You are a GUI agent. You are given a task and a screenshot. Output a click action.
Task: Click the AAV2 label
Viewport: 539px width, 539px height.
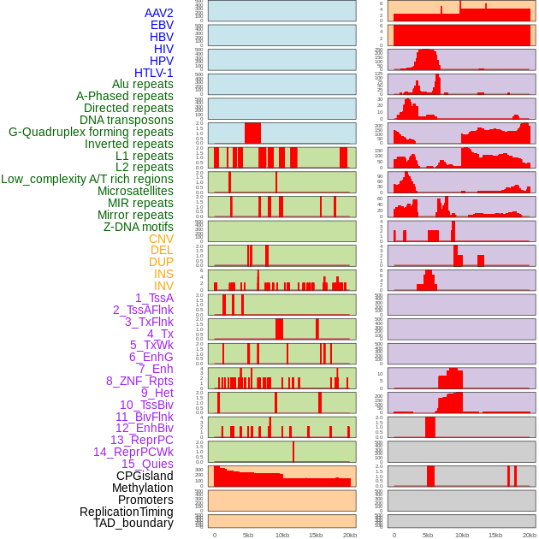click(158, 13)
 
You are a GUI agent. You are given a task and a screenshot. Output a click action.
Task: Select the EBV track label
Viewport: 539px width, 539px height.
click(161, 25)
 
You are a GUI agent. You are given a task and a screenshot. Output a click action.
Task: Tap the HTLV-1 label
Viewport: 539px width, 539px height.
click(153, 73)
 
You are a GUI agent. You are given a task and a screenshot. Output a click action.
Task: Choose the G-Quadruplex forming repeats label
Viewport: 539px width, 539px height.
click(91, 132)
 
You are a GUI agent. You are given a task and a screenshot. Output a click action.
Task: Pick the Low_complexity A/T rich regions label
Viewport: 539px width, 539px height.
click(87, 179)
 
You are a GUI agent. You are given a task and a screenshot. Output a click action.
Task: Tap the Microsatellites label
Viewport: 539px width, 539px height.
click(135, 191)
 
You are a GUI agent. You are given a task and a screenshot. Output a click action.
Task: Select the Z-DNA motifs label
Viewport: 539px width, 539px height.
click(138, 227)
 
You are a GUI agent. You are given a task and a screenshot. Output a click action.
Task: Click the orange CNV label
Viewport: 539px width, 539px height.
click(161, 239)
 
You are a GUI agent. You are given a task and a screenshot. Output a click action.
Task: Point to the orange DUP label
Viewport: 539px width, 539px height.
click(161, 262)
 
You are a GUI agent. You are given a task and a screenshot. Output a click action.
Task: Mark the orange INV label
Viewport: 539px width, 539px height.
click(163, 286)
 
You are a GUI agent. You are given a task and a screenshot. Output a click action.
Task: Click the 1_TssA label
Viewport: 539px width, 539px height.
click(154, 298)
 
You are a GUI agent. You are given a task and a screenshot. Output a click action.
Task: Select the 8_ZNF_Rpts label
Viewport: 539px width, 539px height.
click(139, 381)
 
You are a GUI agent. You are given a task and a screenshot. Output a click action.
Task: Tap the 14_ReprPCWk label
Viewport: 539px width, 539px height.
click(133, 452)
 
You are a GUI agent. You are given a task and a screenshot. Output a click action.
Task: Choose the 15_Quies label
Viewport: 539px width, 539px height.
click(147, 464)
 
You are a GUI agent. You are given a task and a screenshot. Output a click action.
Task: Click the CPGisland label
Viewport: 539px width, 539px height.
click(145, 476)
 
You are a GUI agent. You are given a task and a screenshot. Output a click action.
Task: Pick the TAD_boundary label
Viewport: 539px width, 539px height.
click(133, 523)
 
